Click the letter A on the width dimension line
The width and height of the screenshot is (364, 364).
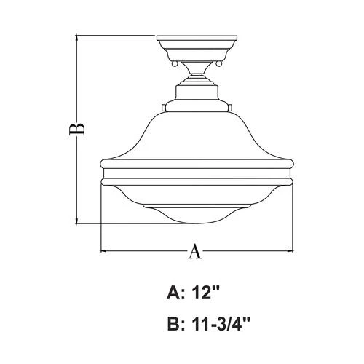[195, 251]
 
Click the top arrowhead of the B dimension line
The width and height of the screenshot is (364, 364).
[76, 36]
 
